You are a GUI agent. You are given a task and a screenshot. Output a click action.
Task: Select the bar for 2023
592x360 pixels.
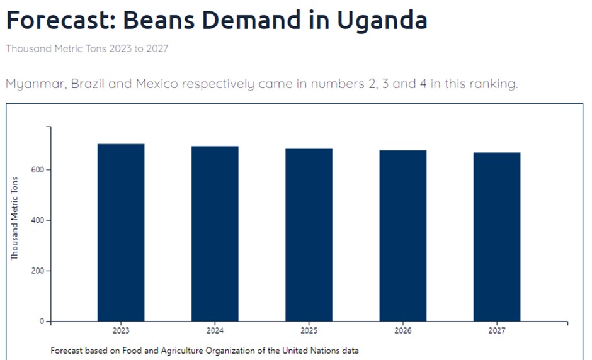coord(121,233)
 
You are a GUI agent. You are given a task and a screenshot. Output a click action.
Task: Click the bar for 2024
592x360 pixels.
coord(215,234)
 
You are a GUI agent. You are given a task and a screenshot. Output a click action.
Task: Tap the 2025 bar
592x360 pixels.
coord(309,235)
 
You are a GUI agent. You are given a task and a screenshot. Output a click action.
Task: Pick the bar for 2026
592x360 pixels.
coord(403,236)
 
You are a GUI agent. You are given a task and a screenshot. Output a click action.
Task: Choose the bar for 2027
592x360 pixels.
coord(497,237)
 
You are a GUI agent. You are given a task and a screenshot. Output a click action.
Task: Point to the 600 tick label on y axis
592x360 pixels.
coord(37,170)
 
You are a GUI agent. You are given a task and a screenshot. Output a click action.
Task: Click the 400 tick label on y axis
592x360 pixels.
coord(37,220)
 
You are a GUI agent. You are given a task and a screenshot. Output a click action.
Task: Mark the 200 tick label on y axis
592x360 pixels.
coord(37,271)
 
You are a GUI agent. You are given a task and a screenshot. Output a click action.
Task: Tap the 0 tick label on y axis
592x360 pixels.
coord(42,322)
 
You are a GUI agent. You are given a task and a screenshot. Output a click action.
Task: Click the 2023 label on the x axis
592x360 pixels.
coord(121,330)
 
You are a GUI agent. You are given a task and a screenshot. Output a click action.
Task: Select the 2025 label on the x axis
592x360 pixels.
coord(309,330)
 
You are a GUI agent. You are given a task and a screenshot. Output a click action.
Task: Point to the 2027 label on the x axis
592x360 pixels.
coord(497,330)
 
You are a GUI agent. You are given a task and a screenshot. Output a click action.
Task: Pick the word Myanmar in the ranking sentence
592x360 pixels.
coord(35,84)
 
